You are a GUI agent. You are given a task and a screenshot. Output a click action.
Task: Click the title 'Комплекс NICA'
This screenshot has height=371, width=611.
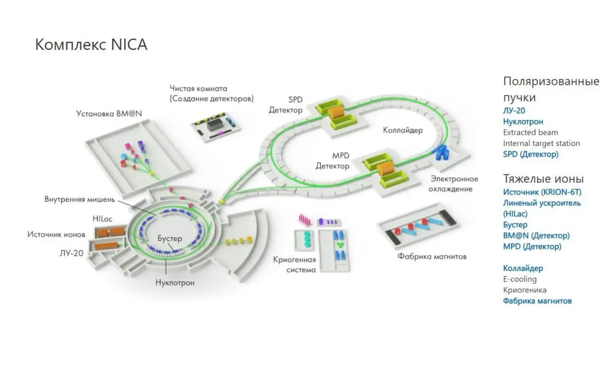(91, 44)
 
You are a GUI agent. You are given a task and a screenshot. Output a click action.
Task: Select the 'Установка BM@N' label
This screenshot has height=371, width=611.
(109, 113)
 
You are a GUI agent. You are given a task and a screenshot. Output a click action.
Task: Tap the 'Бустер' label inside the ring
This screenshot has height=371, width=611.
(170, 238)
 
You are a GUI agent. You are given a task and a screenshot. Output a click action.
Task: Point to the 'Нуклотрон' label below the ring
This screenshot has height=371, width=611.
(175, 282)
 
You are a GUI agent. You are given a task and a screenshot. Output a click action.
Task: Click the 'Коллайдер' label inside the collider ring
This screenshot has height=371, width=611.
(403, 130)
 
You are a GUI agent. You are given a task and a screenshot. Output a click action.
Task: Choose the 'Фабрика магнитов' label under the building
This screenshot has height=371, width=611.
(432, 257)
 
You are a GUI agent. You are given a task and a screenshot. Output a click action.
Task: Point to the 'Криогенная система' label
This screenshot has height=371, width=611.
(295, 265)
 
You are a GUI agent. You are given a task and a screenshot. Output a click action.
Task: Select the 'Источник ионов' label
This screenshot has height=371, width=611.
(56, 234)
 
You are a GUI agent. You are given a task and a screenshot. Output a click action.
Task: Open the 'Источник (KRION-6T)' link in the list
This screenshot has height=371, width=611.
(542, 192)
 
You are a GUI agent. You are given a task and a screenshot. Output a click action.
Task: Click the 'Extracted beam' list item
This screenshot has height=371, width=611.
(530, 133)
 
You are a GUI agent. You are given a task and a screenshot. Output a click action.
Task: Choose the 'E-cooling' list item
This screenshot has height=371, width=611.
(520, 279)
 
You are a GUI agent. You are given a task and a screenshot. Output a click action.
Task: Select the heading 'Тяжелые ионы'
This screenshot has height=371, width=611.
(543, 179)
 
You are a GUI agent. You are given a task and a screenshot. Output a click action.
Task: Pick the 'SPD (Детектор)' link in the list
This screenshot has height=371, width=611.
(530, 155)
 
